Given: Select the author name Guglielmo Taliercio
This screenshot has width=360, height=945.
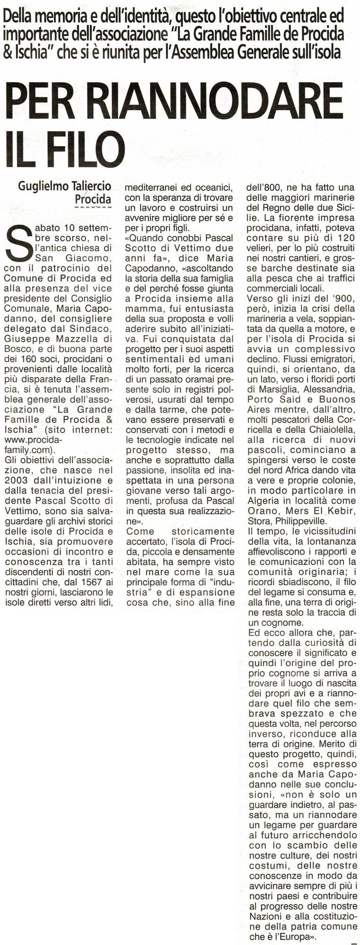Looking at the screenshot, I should pyautogui.click(x=64, y=186).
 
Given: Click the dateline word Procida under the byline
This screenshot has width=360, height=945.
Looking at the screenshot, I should pyautogui.click(x=93, y=199).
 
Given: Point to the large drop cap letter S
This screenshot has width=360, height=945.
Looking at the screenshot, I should pyautogui.click(x=18, y=242).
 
